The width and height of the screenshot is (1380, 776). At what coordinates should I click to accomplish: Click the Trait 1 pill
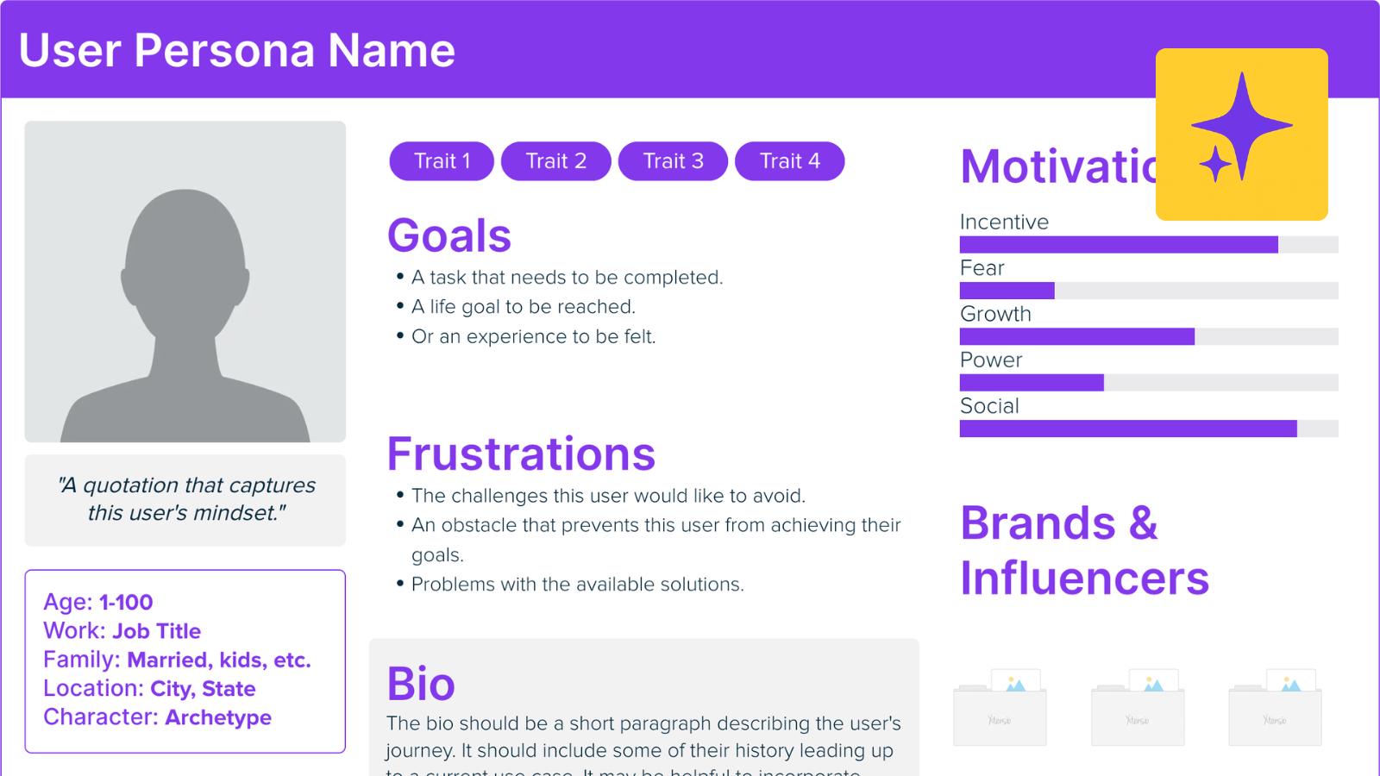click(442, 161)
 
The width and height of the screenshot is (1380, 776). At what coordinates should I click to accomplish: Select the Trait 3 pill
click(673, 161)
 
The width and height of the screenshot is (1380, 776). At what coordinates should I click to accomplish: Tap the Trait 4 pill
click(789, 161)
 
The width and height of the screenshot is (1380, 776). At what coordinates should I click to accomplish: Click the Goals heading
click(449, 235)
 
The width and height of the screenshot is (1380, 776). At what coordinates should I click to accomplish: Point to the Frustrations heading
click(521, 454)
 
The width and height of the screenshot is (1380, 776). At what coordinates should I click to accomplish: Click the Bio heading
click(421, 684)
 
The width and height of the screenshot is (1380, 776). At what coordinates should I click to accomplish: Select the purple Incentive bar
click(1119, 245)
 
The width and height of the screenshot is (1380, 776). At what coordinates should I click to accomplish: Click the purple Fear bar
click(1007, 291)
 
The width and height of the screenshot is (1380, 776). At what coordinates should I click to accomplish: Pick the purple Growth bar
click(1076, 336)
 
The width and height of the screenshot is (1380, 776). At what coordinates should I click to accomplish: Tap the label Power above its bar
click(991, 360)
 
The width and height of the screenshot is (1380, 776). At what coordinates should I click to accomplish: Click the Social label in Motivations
click(989, 406)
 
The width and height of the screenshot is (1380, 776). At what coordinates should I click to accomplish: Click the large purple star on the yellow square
click(1243, 125)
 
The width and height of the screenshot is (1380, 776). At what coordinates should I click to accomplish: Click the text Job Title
click(157, 631)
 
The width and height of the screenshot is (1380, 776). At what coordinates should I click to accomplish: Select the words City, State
click(203, 689)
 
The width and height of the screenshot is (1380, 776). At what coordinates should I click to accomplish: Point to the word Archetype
click(218, 717)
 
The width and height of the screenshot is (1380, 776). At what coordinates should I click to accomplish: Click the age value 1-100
click(126, 603)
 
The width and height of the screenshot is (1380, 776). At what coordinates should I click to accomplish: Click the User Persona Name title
click(237, 50)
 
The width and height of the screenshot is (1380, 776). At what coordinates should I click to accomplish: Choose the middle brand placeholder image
click(1138, 708)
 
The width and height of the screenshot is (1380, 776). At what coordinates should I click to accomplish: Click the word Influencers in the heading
click(1084, 578)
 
